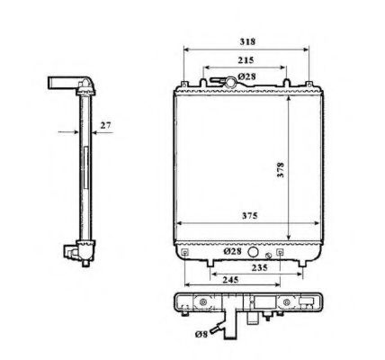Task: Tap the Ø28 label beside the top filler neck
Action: click(248, 78)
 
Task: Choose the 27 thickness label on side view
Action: click(105, 127)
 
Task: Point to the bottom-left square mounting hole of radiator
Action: click(184, 254)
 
